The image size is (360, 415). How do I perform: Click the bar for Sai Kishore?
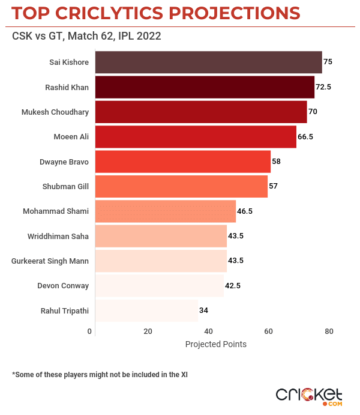click(208, 62)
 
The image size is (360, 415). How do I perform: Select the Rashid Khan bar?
click(205, 87)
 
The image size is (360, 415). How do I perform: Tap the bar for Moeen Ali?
click(196, 137)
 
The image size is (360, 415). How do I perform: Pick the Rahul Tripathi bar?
click(146, 310)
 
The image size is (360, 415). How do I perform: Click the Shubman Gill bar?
click(181, 187)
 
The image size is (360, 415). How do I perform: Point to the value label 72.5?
click(323, 87)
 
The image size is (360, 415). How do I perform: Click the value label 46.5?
click(246, 211)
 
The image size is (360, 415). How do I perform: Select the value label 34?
click(203, 310)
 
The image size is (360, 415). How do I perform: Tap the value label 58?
click(276, 162)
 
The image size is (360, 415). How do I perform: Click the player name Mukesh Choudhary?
click(55, 112)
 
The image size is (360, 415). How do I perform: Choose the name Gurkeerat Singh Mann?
click(50, 261)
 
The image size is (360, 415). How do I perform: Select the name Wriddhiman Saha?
click(58, 236)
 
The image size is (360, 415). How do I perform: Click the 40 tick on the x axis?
click(208, 332)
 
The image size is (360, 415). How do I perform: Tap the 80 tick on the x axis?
click(328, 332)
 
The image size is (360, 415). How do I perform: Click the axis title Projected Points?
click(215, 345)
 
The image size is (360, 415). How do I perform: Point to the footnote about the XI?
click(100, 374)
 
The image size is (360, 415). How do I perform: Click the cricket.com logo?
click(309, 395)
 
